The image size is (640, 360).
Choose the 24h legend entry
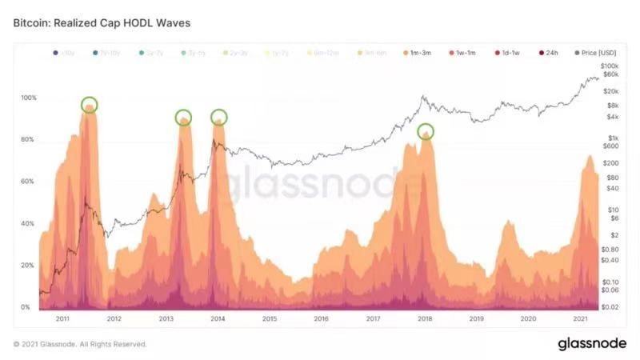click(548, 53)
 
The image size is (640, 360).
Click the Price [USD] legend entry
click(592, 53)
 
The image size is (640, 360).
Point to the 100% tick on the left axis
click(28, 98)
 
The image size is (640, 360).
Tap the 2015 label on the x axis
click(269, 319)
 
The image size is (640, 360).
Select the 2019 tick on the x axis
click(477, 319)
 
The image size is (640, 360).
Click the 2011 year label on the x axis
click(62, 319)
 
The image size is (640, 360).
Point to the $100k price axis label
click(610, 66)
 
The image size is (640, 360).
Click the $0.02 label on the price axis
click(610, 307)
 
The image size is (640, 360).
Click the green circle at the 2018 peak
click(426, 131)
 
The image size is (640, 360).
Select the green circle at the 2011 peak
click(90, 105)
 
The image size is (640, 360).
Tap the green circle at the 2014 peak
click(218, 117)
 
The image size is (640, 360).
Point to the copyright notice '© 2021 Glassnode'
click(80, 344)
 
